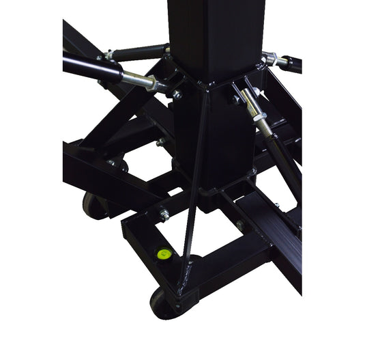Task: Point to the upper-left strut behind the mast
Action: [140, 52]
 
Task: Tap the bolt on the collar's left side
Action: [176, 94]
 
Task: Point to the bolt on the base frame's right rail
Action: [239, 225]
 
